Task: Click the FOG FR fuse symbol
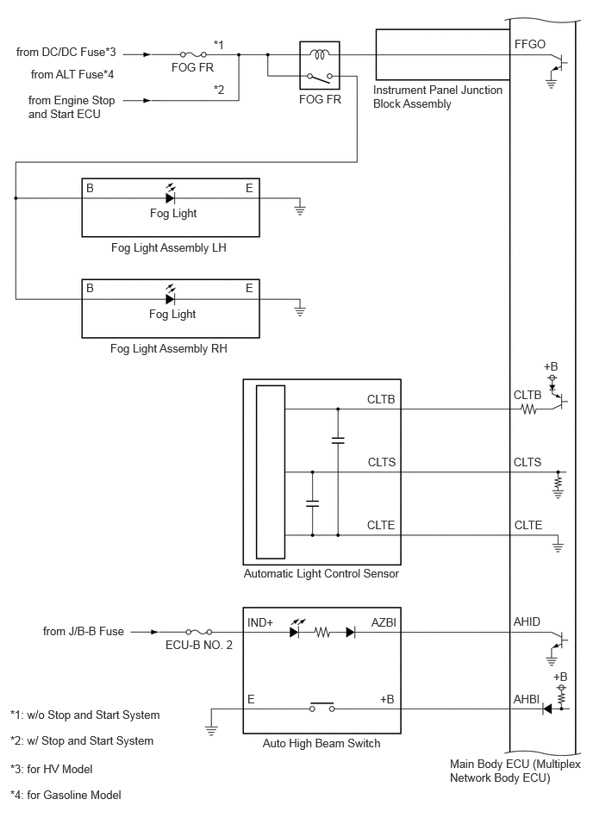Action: (x=193, y=54)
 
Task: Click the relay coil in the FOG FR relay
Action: (x=319, y=53)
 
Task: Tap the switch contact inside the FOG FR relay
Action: (x=321, y=78)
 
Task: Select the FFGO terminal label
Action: (x=530, y=44)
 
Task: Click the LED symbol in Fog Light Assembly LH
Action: (x=170, y=196)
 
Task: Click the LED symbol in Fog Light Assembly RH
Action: (x=170, y=297)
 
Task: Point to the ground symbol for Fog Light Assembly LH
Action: (x=300, y=209)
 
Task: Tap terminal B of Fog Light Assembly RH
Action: (x=90, y=289)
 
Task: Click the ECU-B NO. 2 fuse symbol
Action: (x=199, y=632)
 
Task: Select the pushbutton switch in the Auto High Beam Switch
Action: (x=321, y=707)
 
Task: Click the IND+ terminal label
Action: (x=260, y=622)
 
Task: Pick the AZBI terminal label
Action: (x=384, y=622)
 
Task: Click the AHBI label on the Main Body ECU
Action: (x=527, y=699)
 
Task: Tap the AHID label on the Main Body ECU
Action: (x=527, y=621)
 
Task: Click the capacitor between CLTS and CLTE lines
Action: (x=312, y=503)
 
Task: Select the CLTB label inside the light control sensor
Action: (x=381, y=399)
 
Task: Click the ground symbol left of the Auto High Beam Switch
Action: (x=211, y=728)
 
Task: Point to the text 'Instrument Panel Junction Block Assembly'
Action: (x=438, y=97)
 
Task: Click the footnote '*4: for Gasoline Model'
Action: (x=66, y=795)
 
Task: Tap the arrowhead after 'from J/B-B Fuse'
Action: (x=154, y=632)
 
